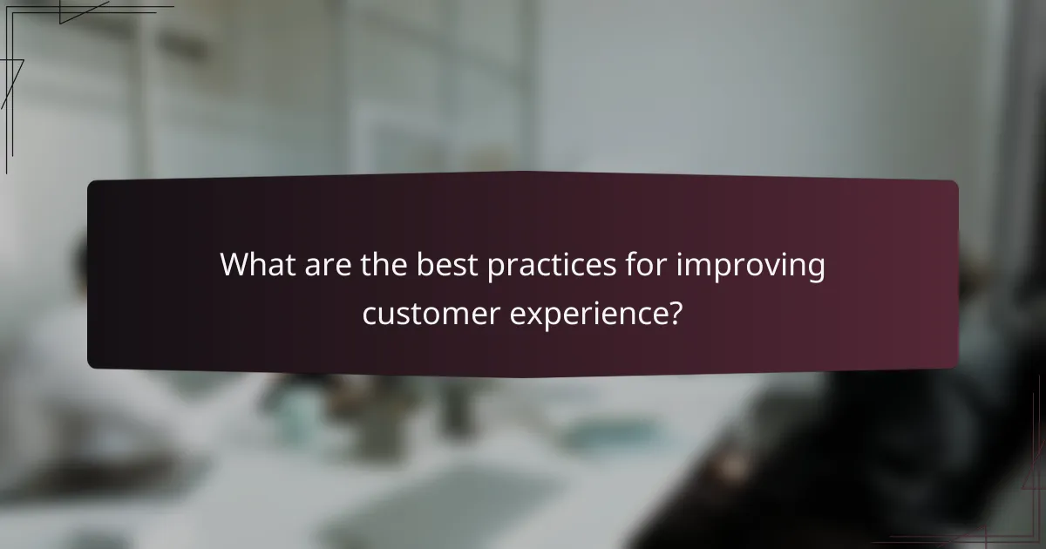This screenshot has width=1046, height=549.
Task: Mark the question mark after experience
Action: (675, 312)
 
